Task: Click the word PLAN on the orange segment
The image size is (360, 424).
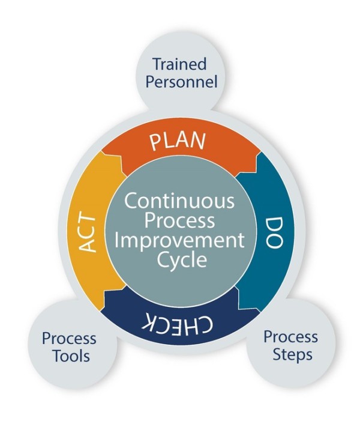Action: (178, 142)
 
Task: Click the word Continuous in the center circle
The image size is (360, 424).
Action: (179, 199)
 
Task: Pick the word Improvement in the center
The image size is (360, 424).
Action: (179, 241)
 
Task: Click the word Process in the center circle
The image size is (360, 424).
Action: (179, 220)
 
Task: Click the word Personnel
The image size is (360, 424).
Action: (179, 81)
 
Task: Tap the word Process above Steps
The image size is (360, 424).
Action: (291, 336)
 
